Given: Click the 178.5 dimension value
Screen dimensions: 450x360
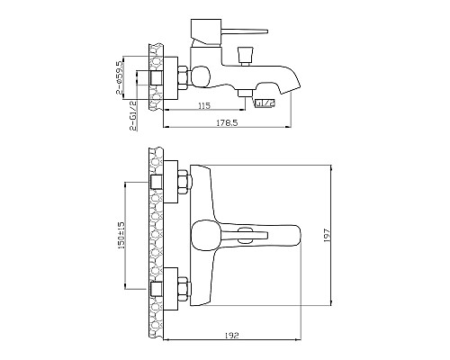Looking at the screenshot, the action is coord(227,122).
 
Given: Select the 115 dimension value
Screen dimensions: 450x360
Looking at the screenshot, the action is coord(204,105).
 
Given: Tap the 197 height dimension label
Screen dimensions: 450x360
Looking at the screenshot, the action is coord(327,235).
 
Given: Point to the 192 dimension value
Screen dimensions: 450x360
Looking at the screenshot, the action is coord(231,335).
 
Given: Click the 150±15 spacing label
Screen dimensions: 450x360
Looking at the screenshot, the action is coord(121,235).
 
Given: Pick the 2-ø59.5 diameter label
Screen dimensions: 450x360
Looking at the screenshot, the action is coord(119,77).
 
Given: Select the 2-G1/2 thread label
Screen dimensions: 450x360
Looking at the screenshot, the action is coord(133,115).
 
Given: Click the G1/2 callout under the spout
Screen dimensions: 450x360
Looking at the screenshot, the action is coord(265,103).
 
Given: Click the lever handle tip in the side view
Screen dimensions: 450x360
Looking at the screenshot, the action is coord(266,31).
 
